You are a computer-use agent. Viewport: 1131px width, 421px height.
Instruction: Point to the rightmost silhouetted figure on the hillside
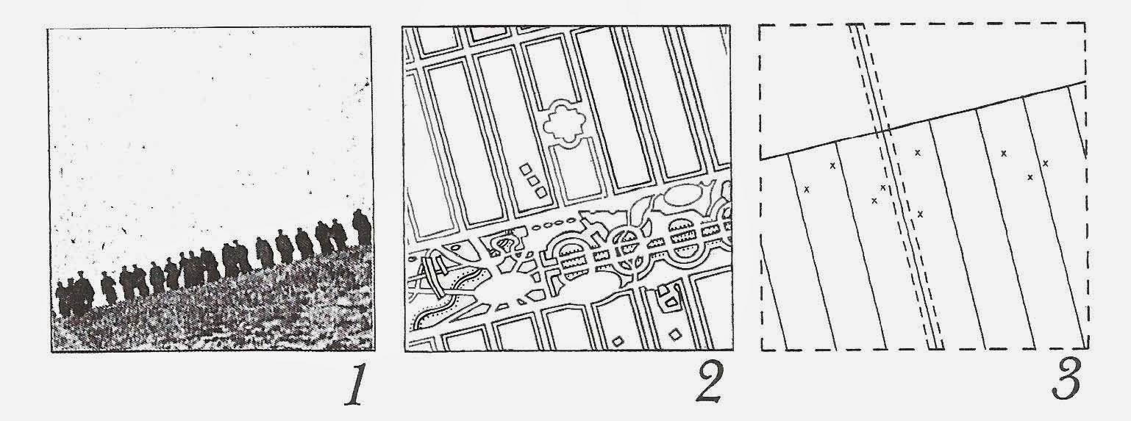click(362, 227)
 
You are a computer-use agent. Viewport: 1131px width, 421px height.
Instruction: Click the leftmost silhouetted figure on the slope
click(62, 298)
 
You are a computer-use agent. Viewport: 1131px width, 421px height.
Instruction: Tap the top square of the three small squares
click(526, 169)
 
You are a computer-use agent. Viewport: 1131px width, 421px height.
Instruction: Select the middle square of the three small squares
click(533, 180)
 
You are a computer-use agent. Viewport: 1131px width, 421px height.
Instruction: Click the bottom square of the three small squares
click(540, 192)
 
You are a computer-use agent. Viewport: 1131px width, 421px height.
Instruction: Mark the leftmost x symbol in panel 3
click(807, 190)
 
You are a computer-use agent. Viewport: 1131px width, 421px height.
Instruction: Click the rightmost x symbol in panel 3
click(1045, 163)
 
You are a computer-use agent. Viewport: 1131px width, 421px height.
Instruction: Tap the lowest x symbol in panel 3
click(920, 215)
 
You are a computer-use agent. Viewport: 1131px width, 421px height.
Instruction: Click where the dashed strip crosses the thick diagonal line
click(882, 131)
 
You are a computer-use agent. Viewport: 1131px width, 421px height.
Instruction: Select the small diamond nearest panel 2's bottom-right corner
click(674, 334)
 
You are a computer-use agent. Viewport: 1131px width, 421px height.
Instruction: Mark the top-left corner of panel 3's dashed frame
click(761, 24)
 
